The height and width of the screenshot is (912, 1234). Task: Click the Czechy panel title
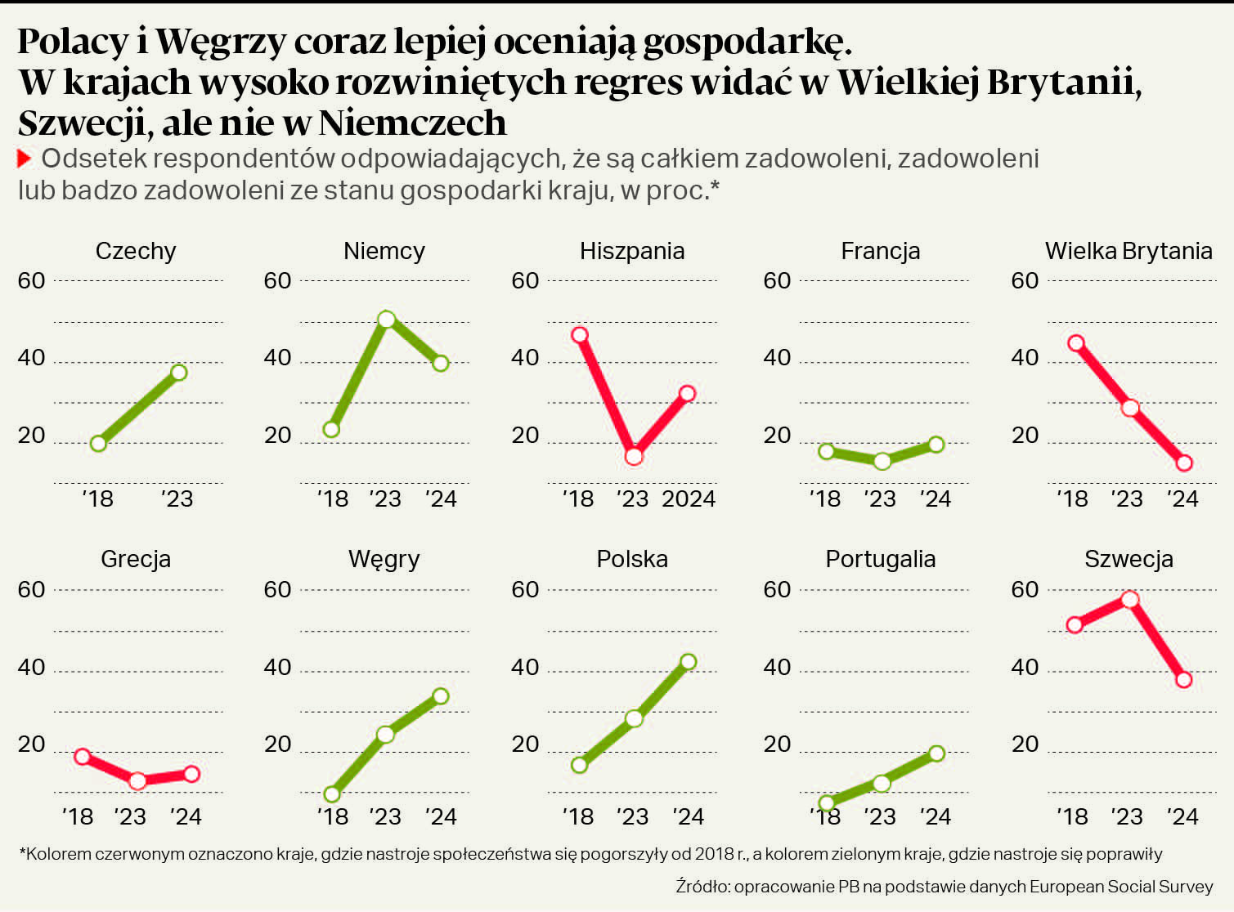point(136,251)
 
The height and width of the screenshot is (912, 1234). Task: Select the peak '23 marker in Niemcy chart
point(387,320)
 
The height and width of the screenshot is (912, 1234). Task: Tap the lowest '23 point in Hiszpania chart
point(634,457)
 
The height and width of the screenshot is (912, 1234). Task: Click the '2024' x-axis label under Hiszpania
point(689,499)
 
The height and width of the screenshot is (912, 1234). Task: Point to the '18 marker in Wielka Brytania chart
point(1076,343)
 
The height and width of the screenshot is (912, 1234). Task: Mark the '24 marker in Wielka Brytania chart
point(1184,463)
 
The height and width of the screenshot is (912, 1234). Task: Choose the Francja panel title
point(880,251)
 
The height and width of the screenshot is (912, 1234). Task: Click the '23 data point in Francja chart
point(882,462)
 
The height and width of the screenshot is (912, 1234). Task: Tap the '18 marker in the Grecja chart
point(82,757)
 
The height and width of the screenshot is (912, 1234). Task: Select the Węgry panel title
point(384,559)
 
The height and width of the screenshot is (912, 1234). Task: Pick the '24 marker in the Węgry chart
point(440,696)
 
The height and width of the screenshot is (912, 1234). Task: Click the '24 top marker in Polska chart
point(688,662)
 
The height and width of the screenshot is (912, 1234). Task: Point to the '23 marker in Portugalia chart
point(882,784)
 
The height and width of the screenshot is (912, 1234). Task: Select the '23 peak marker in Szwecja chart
point(1130,600)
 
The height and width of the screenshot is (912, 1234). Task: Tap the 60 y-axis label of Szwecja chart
point(1025,589)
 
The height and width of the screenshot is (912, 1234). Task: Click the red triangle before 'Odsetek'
point(25,159)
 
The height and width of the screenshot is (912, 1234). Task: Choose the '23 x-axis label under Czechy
point(177,499)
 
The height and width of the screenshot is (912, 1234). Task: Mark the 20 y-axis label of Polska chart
point(525,744)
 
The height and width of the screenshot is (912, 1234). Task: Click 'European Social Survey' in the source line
point(1121,887)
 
